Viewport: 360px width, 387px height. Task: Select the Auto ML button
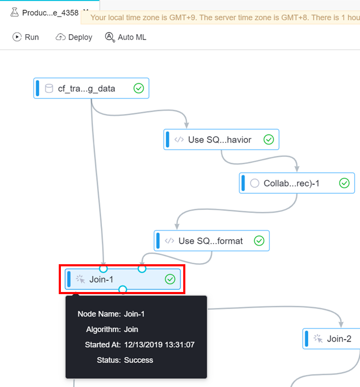pos(126,37)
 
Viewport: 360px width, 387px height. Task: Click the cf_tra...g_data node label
pos(87,89)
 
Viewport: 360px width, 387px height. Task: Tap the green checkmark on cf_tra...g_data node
pos(139,88)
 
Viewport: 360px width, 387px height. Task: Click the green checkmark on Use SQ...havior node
pos(269,139)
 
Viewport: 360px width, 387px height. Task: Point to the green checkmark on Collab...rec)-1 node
pos(345,183)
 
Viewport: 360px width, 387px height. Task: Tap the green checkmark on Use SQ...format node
pos(259,241)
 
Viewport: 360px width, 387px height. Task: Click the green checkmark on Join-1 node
pos(170,279)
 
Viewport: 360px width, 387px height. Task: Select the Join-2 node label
pos(339,338)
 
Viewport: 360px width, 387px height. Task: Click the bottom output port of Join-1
pos(123,290)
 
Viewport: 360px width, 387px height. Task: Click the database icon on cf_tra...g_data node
pos(49,89)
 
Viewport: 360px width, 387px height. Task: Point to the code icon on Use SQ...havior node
pos(178,140)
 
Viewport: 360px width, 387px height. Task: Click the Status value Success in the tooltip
pos(138,360)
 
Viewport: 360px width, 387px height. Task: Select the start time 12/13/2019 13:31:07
pos(159,345)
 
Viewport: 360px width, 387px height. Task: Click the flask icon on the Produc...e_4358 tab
pos(14,12)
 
